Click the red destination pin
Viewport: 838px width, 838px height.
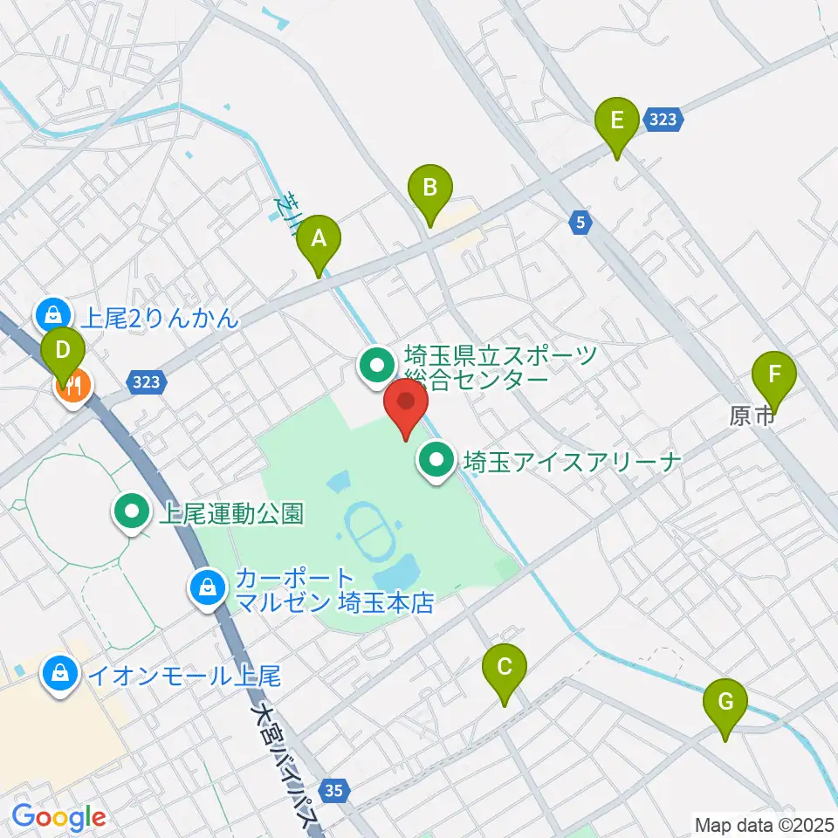pos(406,406)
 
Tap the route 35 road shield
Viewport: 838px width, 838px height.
pos(333,791)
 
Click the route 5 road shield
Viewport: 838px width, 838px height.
pos(580,223)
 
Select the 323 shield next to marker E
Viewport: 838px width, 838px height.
pos(663,120)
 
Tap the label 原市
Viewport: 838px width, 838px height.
pos(752,417)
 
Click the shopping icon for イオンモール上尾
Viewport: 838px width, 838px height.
pos(59,675)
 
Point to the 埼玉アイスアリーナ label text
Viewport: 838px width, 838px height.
pos(572,460)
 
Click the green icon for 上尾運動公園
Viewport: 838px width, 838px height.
pos(133,512)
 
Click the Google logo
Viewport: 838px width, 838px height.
pos(58,817)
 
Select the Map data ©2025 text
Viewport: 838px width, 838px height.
pos(765,824)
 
